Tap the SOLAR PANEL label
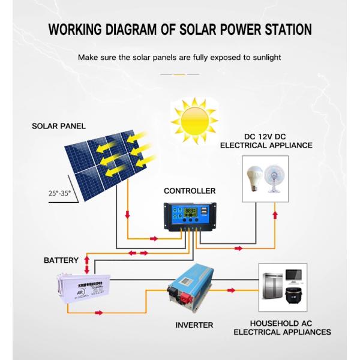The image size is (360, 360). click(x=59, y=127)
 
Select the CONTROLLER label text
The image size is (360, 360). click(x=190, y=191)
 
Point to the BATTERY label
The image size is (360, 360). click(x=61, y=260)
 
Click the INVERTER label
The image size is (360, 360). click(x=194, y=325)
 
